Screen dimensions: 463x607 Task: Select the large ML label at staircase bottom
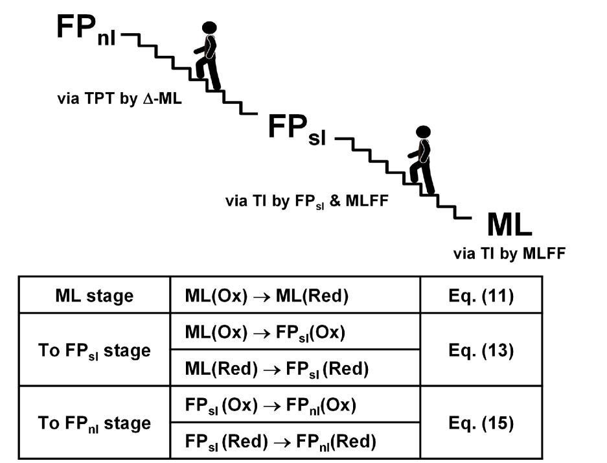[509, 226]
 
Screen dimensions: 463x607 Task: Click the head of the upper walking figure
[209, 28]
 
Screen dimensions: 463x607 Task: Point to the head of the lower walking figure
[423, 132]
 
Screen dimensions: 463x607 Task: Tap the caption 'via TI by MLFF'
[509, 254]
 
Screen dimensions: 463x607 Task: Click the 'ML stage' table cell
[95, 296]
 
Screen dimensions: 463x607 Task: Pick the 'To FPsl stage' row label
[95, 351]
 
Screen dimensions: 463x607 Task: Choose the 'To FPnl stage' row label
[95, 423]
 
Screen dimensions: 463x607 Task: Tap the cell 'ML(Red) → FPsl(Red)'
[276, 369]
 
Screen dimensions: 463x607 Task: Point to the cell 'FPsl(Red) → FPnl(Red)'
[280, 442]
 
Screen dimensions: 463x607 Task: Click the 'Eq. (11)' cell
[481, 296]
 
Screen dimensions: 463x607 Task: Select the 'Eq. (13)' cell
[481, 351]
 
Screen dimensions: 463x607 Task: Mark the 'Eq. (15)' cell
[481, 423]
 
